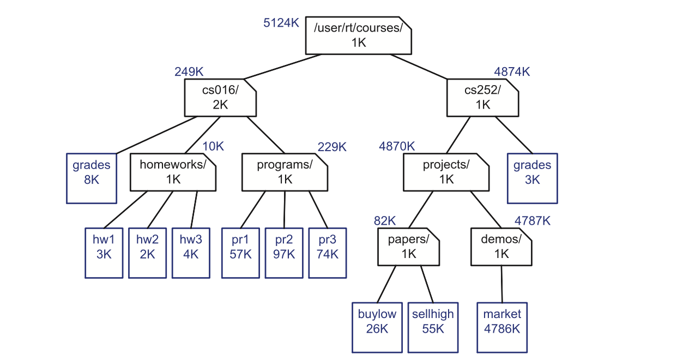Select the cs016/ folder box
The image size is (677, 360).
tap(220, 98)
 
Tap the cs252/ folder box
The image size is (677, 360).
tap(482, 98)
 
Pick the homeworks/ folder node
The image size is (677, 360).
tap(173, 172)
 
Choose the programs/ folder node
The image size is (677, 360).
tap(285, 172)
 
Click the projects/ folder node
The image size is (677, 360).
tap(446, 172)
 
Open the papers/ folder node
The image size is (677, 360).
tap(409, 247)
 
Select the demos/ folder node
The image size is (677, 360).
tap(501, 247)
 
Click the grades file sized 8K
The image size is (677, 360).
tap(92, 178)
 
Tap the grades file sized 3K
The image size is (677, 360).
tap(532, 178)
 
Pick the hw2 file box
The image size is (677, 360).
tap(147, 253)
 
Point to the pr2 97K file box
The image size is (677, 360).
tap(284, 253)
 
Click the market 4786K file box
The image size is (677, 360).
tap(502, 327)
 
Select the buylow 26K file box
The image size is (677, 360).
tap(377, 327)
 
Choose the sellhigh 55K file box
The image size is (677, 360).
tap(433, 327)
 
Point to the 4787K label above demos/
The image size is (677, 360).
tap(533, 221)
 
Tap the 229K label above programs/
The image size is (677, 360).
tap(332, 147)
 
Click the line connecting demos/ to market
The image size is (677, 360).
tap(501, 284)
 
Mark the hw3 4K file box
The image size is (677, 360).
tap(191, 253)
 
